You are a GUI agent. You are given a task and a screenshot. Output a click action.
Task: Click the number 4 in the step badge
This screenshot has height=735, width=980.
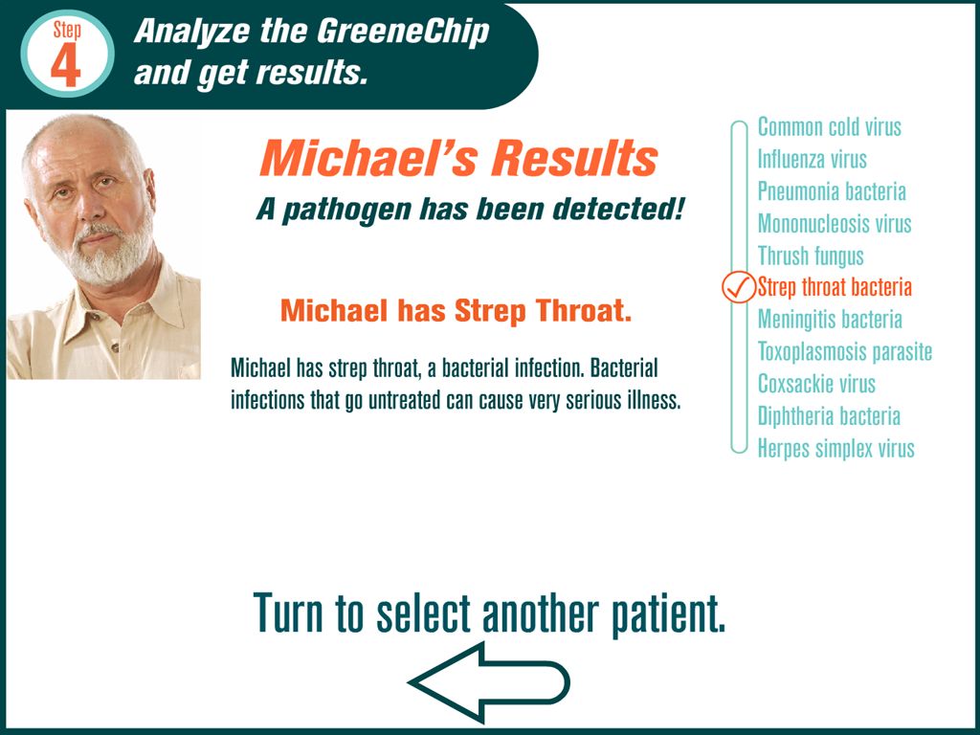(66, 65)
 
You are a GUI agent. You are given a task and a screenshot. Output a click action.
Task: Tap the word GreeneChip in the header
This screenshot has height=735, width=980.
(403, 32)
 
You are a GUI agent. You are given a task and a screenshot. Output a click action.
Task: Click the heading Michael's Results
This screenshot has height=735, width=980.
(458, 158)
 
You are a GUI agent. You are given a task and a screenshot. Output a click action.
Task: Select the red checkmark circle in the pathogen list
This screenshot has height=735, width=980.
(739, 287)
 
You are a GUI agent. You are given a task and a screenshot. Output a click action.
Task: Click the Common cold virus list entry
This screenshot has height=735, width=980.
(830, 127)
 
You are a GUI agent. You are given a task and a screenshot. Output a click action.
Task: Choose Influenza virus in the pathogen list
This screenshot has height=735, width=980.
(812, 159)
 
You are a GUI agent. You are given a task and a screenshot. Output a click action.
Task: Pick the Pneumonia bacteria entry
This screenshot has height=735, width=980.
(832, 191)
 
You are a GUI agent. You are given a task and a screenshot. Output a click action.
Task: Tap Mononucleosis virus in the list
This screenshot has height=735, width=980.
(835, 223)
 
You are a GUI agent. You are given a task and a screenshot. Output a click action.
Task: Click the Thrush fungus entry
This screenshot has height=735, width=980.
(811, 256)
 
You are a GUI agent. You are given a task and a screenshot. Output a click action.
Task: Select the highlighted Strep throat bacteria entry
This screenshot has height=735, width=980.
(835, 287)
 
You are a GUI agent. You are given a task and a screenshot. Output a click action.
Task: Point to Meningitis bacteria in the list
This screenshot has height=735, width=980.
(830, 320)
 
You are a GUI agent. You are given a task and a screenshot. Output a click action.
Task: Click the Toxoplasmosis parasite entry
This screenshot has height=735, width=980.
(845, 351)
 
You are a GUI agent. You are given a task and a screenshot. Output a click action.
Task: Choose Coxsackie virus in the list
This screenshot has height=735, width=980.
(816, 384)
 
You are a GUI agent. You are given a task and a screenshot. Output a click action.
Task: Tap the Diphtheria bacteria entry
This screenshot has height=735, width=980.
(829, 415)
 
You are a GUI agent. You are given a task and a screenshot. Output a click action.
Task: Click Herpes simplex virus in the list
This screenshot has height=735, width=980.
(835, 448)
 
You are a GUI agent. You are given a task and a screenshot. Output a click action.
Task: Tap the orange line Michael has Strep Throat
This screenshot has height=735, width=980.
(456, 311)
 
